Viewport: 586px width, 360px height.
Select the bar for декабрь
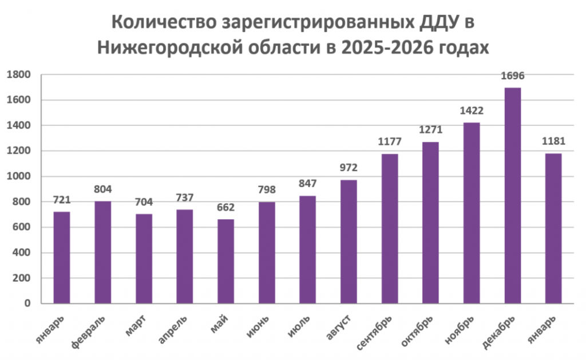coord(512,195)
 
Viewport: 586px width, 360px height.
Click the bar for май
coord(225,261)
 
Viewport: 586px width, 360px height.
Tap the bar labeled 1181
coord(553,228)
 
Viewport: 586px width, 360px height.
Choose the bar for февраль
coord(103,252)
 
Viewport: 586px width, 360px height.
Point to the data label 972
coord(349,168)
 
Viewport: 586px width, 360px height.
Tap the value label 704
coord(144,202)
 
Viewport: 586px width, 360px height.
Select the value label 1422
coord(472,111)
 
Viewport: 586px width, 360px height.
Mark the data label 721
coord(62,200)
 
